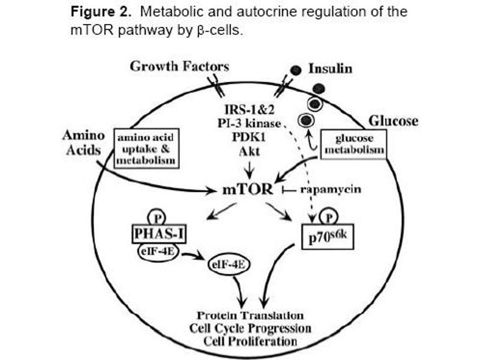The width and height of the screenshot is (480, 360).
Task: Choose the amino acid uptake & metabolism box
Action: coord(146,150)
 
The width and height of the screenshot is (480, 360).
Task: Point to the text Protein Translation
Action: coord(250,316)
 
